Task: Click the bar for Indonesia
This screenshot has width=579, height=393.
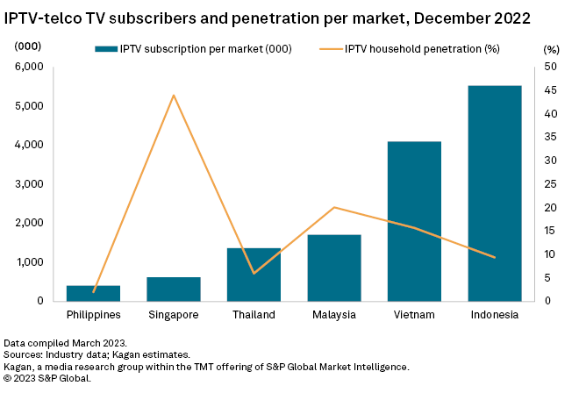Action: pos(495,193)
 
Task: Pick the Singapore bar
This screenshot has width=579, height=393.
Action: pos(174,289)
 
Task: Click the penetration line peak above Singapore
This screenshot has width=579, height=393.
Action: pos(174,95)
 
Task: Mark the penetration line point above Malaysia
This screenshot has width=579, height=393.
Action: pos(334,207)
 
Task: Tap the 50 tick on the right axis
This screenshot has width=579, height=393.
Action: pos(549,67)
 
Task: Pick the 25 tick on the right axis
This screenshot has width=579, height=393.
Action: pos(549,184)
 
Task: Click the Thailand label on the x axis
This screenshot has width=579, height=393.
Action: pos(254,315)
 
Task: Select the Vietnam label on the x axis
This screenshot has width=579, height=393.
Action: pos(414,315)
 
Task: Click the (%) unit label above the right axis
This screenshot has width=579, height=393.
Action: pos(551,49)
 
